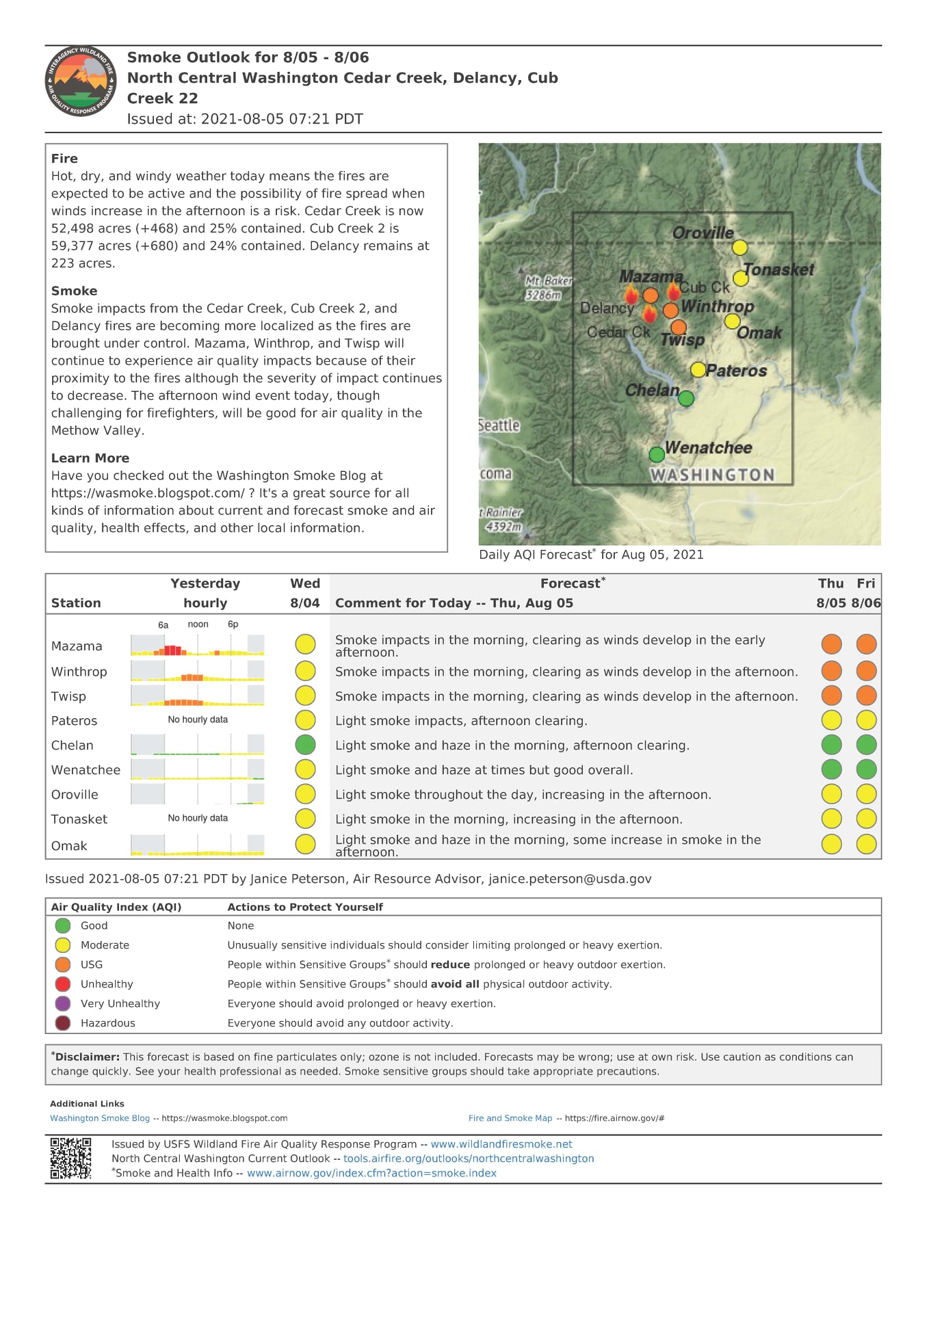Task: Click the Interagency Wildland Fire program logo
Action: coord(81,81)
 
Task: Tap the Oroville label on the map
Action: coord(703,233)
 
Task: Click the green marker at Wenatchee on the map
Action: coord(657,454)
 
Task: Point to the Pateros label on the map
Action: coord(736,371)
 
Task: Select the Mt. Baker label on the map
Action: coord(547,287)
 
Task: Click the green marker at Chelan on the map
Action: coord(686,398)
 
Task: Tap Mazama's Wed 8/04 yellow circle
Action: coord(305,644)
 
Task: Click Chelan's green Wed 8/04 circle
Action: coord(305,745)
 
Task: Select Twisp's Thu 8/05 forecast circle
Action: coord(831,696)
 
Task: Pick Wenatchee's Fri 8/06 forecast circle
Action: coord(866,769)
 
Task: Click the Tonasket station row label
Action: coord(79,819)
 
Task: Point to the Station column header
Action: coord(76,603)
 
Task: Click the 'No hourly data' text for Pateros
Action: coord(198,719)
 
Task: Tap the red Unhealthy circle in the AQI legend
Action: coord(63,984)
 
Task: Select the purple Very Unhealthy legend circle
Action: coord(63,1003)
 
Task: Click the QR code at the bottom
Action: coord(70,1159)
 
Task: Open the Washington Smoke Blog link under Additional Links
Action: coord(100,1118)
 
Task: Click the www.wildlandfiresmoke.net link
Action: coord(501,1144)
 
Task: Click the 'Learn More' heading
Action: coord(90,458)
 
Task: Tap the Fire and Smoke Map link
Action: coord(510,1118)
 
